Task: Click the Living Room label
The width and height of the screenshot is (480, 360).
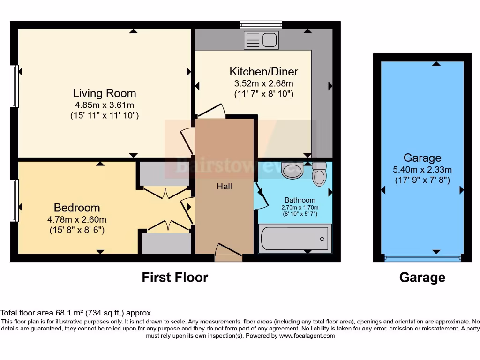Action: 104,93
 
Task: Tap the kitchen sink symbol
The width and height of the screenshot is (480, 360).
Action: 261,40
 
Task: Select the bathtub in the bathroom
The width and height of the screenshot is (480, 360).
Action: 295,239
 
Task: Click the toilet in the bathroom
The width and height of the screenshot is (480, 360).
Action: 320,174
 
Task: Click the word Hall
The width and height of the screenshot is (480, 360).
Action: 224,186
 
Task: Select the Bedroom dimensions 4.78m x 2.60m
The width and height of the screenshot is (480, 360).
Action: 77,219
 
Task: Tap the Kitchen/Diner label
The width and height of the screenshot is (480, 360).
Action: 263,72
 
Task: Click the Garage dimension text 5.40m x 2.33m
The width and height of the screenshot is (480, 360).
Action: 422,169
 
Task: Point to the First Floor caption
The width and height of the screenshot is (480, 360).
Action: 175,277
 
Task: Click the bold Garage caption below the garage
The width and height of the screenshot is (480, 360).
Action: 422,277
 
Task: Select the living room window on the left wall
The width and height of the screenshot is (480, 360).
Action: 15,86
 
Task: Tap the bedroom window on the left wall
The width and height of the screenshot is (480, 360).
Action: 15,200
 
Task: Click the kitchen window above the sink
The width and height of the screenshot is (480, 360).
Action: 261,24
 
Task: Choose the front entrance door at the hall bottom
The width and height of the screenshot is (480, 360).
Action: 228,253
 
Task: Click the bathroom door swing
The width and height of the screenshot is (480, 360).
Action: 261,196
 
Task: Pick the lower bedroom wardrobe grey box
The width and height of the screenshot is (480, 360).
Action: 166,243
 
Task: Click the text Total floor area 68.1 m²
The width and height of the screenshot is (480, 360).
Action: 75,313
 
